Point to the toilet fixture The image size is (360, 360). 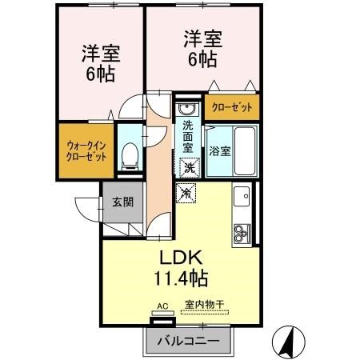(129, 154)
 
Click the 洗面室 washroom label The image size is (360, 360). (187, 136)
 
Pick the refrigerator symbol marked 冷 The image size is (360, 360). (187, 192)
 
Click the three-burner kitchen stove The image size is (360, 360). (242, 233)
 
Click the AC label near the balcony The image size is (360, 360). (162, 305)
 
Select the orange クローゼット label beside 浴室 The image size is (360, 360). (232, 106)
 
